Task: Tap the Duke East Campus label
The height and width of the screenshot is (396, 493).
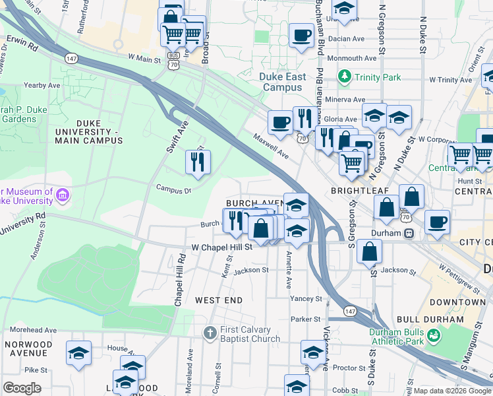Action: point(283,82)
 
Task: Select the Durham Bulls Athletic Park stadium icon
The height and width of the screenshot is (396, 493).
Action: point(434,337)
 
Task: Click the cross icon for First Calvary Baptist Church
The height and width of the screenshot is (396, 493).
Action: point(210,331)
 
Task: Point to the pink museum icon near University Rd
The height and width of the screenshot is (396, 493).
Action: point(63,195)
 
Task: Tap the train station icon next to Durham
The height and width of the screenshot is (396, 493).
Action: point(409,233)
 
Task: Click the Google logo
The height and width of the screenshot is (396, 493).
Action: point(22,388)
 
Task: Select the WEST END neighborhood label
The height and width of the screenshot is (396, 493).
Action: point(219,300)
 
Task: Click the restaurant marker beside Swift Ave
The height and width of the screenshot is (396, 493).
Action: point(198,162)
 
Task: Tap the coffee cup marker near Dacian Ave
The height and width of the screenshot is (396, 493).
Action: point(302,36)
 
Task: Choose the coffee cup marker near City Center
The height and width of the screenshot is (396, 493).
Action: point(437,221)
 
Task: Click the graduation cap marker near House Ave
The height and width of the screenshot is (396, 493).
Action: point(79,352)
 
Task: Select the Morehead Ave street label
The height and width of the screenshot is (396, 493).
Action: point(28,330)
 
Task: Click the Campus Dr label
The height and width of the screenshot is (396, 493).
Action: point(173,189)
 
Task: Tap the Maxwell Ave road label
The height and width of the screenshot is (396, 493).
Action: point(272,145)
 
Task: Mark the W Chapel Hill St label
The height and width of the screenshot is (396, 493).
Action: point(222,247)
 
